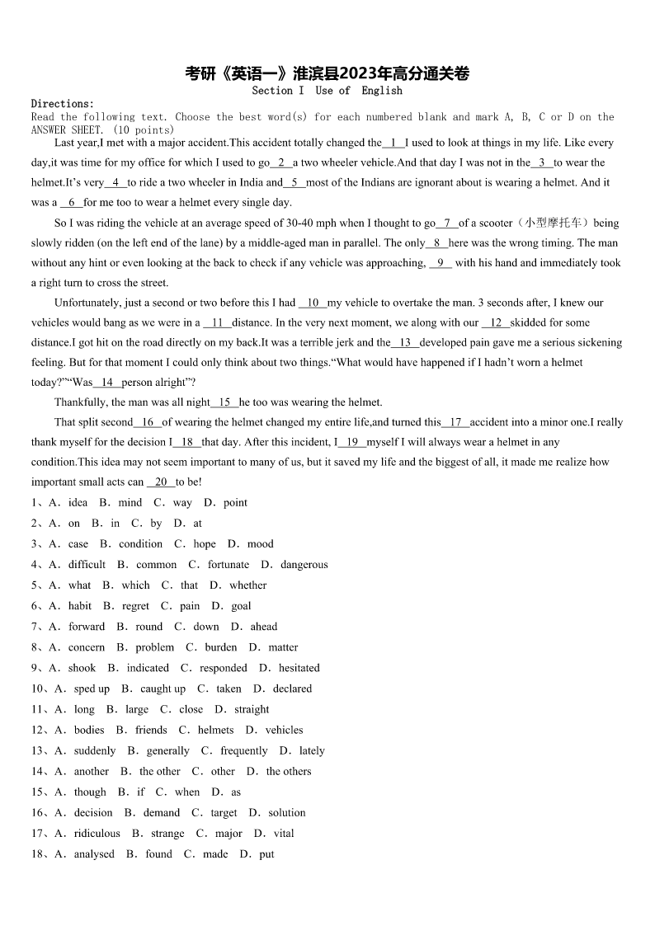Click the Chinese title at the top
pyautogui.click(x=327, y=74)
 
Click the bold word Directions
pyautogui.click(x=63, y=104)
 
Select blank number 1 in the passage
pyautogui.click(x=393, y=143)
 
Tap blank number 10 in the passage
pyautogui.click(x=313, y=303)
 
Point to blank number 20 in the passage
pyautogui.click(x=161, y=482)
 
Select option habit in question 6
pyautogui.click(x=80, y=606)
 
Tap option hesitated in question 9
pyautogui.click(x=299, y=668)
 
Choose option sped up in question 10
pyautogui.click(x=92, y=689)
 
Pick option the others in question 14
pyautogui.click(x=289, y=772)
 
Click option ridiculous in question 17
pyautogui.click(x=97, y=834)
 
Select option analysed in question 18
pyautogui.click(x=94, y=854)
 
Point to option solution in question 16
pyautogui.click(x=286, y=813)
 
